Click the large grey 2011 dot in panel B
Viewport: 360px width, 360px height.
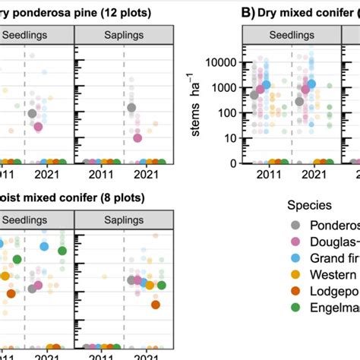pyautogui.click(x=255, y=95)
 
